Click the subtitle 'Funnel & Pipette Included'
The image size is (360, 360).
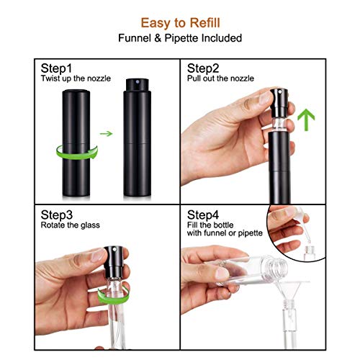[x=180, y=37]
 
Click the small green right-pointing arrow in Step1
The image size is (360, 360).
[x=106, y=133]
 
